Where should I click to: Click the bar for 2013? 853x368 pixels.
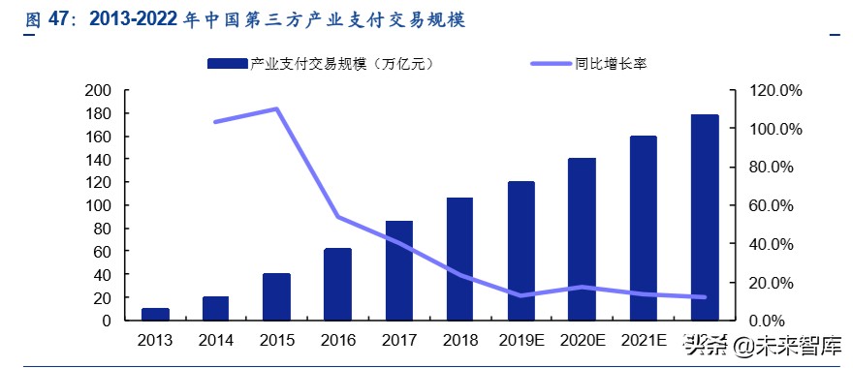(155, 314)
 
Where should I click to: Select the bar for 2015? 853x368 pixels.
(276, 296)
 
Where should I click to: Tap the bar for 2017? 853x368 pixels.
(398, 270)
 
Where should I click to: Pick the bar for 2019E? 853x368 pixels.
(521, 251)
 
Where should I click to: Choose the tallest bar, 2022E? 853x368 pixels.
(705, 218)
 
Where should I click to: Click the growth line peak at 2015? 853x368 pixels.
(276, 108)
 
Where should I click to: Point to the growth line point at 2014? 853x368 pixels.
(215, 122)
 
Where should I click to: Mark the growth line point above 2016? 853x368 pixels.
(337, 217)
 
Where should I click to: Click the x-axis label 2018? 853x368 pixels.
(459, 340)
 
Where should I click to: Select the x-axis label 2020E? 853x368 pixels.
(582, 340)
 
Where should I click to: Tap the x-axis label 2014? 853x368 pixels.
(215, 340)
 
